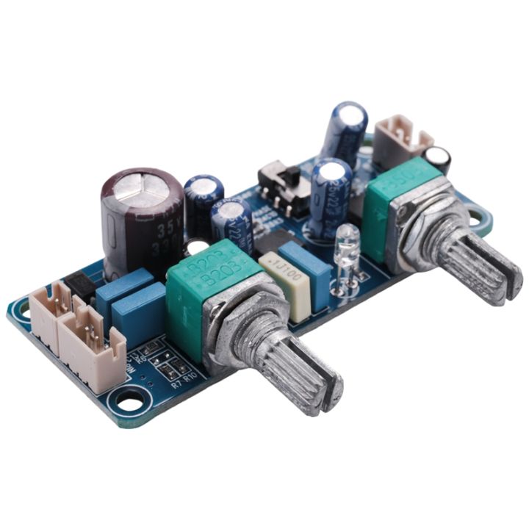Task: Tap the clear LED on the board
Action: coord(348,246)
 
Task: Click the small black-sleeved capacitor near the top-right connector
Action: coord(438,159)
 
